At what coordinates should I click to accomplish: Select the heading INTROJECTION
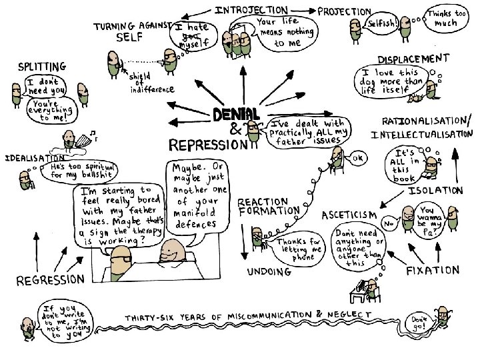[x=251, y=11]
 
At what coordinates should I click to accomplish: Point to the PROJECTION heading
[x=345, y=11]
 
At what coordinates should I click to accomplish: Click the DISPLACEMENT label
[x=413, y=59]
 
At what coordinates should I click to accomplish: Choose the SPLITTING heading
[x=42, y=67]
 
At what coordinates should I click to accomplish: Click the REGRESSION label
[x=51, y=279]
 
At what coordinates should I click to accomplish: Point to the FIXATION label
[x=433, y=271]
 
